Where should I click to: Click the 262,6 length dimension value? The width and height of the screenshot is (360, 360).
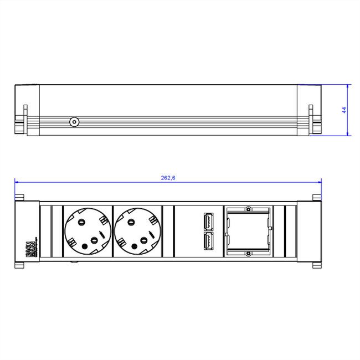coord(168,178)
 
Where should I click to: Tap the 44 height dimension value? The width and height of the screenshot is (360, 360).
coord(343,110)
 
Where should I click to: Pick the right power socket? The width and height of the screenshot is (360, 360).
coord(137,232)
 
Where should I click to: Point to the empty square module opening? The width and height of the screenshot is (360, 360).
coord(248,232)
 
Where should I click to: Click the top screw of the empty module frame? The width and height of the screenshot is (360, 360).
coord(248,210)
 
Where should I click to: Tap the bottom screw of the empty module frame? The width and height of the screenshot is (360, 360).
coord(248,253)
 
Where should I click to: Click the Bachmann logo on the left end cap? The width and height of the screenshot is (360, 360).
coord(30,247)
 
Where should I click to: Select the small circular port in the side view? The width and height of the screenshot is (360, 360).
coord(73,122)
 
